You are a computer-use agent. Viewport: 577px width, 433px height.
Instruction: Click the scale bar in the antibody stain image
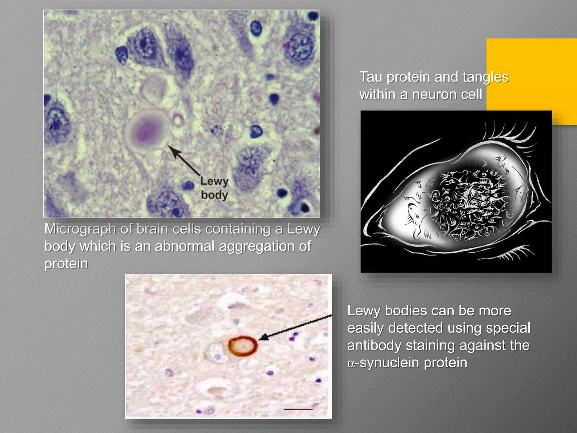click(x=298, y=409)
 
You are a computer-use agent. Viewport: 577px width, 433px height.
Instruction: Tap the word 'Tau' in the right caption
click(x=371, y=77)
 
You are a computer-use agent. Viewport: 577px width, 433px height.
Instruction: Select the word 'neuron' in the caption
click(x=434, y=94)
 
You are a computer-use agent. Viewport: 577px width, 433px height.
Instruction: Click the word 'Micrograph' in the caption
click(x=80, y=229)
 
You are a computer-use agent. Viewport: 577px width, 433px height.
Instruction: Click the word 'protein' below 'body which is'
click(x=66, y=264)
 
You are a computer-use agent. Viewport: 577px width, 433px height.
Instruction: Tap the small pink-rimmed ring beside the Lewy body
click(x=178, y=120)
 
